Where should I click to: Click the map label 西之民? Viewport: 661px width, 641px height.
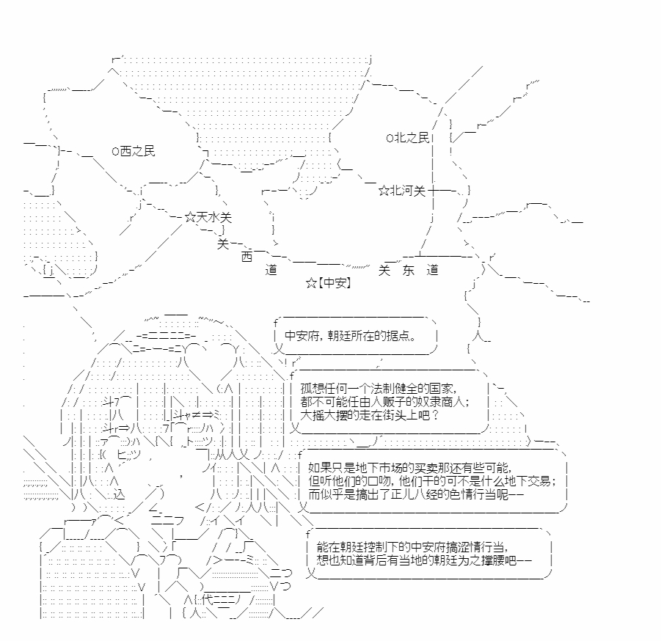138,150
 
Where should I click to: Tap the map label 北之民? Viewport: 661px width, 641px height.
412,138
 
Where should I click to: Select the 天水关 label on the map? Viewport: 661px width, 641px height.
214,217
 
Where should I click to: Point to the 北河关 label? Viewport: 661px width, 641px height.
408,191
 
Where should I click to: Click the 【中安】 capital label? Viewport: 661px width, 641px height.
335,282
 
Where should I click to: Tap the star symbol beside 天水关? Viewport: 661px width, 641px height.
191,218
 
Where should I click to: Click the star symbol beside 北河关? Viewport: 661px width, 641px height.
384,191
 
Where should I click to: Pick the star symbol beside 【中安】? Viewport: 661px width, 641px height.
311,283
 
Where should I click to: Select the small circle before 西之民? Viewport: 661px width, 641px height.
115,151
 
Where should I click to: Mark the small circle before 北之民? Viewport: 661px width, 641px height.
390,138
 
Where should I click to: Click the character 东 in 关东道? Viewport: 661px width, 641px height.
408,270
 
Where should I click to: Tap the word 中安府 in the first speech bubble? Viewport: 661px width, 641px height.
302,336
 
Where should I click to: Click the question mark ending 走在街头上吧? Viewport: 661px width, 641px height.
436,414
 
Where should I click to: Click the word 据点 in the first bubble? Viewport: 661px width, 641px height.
398,336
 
